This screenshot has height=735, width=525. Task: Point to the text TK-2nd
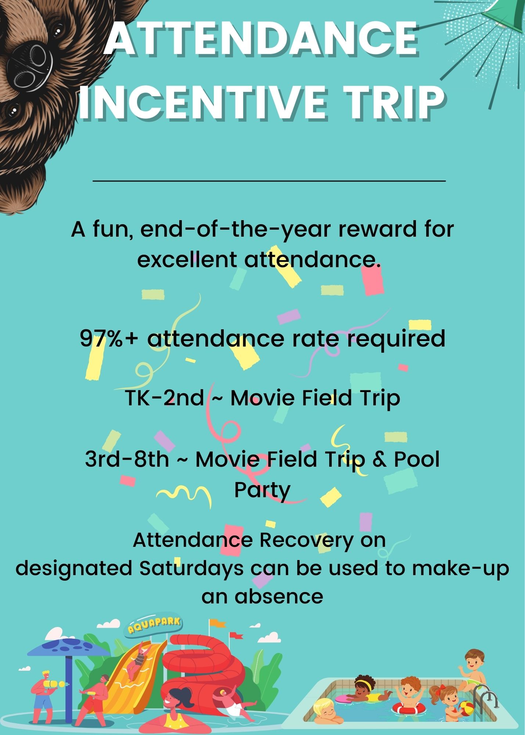coord(164,398)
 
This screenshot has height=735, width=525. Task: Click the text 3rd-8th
coord(127,459)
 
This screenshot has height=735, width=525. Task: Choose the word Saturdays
coord(191,568)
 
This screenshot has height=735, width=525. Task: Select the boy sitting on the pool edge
coord(474,671)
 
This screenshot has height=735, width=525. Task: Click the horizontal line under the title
coord(269,181)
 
